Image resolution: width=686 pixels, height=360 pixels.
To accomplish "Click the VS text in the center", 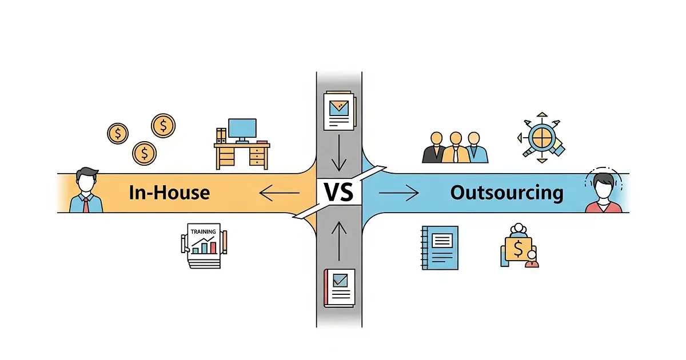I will click(339, 192).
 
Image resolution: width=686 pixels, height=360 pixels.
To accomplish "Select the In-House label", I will click(169, 192).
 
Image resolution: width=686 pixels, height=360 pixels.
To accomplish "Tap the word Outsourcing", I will click(506, 192).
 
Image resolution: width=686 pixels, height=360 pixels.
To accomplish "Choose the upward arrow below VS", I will click(339, 240).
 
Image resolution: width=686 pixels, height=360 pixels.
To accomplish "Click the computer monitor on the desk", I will click(242, 129).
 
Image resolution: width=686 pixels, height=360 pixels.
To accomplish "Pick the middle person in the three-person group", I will click(455, 147).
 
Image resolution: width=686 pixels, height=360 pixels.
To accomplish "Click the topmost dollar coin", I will click(163, 125).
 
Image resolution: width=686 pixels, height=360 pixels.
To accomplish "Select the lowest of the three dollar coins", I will click(145, 153).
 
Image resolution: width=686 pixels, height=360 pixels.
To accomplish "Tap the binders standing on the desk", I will click(221, 136).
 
